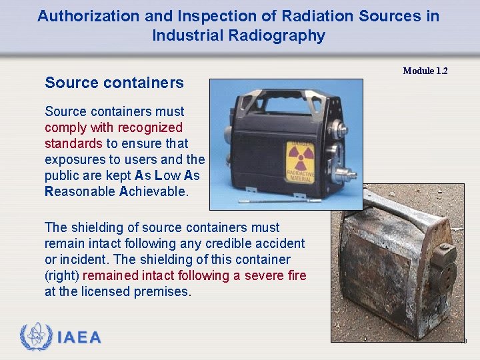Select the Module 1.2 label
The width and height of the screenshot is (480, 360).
(x=425, y=71)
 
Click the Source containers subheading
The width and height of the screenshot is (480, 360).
(x=114, y=83)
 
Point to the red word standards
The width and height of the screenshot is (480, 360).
(x=73, y=143)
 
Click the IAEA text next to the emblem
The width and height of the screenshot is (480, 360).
(x=79, y=337)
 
